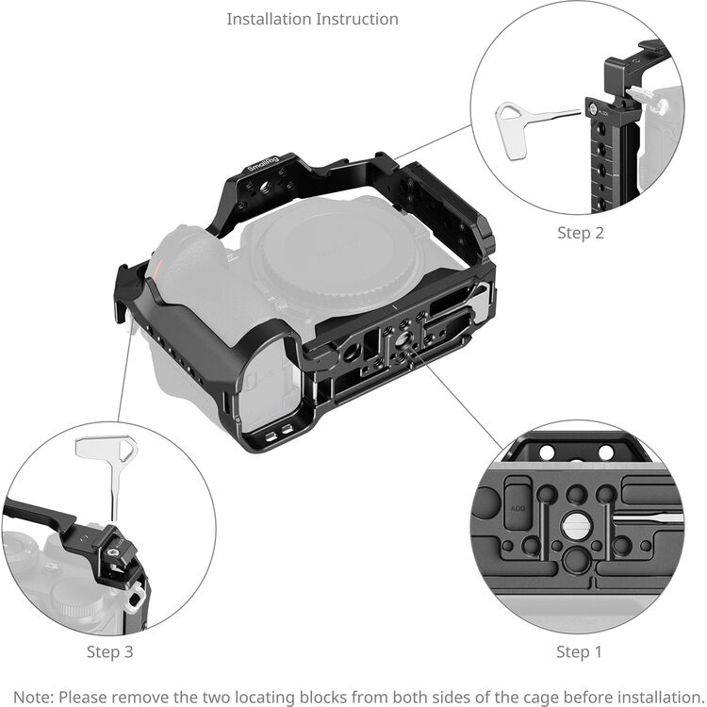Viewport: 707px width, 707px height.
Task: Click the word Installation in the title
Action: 269,19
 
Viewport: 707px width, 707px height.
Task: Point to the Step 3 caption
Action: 117,651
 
